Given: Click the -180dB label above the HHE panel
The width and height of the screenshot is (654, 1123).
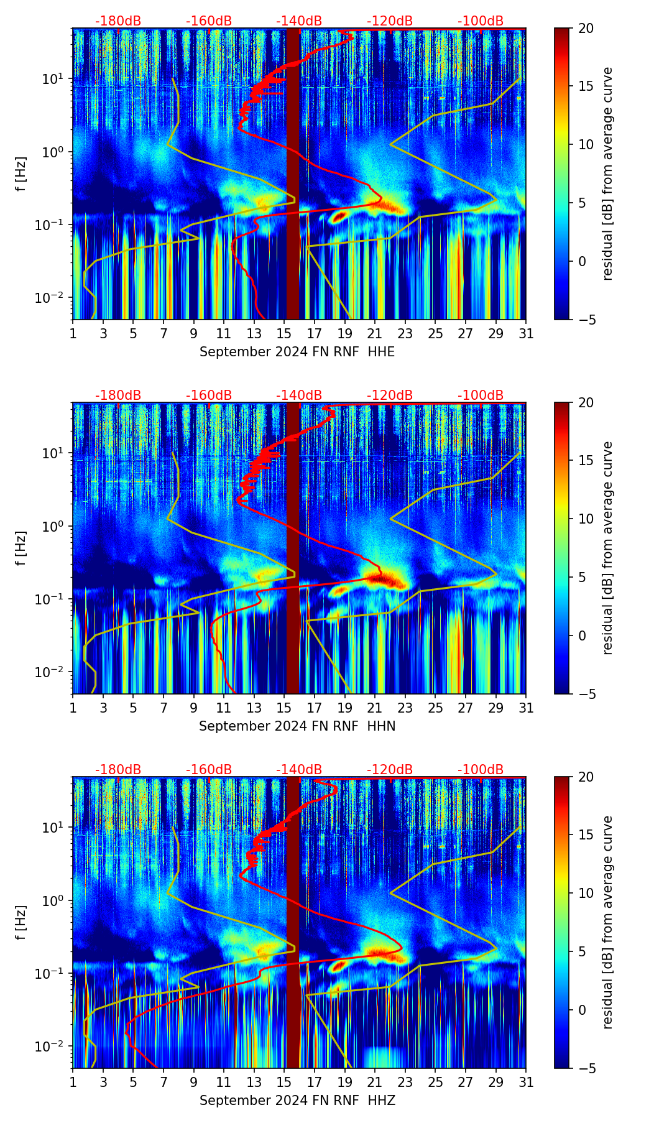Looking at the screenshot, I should [x=118, y=21].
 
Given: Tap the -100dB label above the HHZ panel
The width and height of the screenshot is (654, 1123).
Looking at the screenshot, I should [x=481, y=770].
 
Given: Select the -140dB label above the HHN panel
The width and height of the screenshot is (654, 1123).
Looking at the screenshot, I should [x=299, y=395].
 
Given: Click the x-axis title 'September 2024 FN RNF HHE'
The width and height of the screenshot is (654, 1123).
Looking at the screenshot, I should [x=297, y=352].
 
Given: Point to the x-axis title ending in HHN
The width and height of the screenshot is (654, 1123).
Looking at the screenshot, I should [x=297, y=726].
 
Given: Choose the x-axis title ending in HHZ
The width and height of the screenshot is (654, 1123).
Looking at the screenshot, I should [x=297, y=1101].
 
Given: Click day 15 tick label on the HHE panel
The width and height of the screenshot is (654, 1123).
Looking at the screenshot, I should [x=284, y=334].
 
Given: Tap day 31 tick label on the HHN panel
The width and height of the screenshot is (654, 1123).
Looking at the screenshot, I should [x=526, y=708].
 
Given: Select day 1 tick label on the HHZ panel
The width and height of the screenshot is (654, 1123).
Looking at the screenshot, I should [x=73, y=1083].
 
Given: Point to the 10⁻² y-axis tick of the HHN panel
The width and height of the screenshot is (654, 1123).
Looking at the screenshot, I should [x=52, y=672].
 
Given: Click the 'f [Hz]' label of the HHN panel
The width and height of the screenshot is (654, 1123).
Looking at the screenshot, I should [x=21, y=548].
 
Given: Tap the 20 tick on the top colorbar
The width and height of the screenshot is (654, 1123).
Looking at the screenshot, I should [x=586, y=29].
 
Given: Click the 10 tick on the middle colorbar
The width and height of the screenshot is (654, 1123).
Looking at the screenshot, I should [x=586, y=519].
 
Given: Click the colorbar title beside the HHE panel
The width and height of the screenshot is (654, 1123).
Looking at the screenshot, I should [x=607, y=173].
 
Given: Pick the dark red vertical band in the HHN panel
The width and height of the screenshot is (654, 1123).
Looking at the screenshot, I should [x=293, y=548].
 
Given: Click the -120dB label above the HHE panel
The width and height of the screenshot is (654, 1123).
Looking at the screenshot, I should [x=390, y=21].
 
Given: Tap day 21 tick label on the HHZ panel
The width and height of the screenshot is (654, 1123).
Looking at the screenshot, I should [x=375, y=1083].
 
